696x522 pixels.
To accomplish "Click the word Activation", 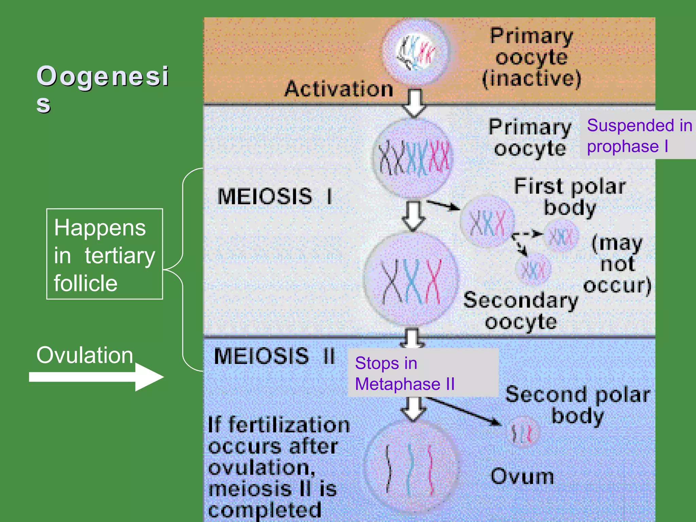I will [x=339, y=89].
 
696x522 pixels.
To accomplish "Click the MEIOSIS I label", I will [x=275, y=196].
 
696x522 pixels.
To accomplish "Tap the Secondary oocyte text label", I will [x=521, y=311].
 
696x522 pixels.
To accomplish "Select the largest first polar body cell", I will [x=487, y=222].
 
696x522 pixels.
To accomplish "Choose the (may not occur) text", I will [x=617, y=264].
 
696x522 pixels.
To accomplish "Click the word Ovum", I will [x=522, y=476].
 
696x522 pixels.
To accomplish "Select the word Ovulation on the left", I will [x=85, y=355].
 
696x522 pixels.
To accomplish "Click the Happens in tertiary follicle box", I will [x=105, y=254].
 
